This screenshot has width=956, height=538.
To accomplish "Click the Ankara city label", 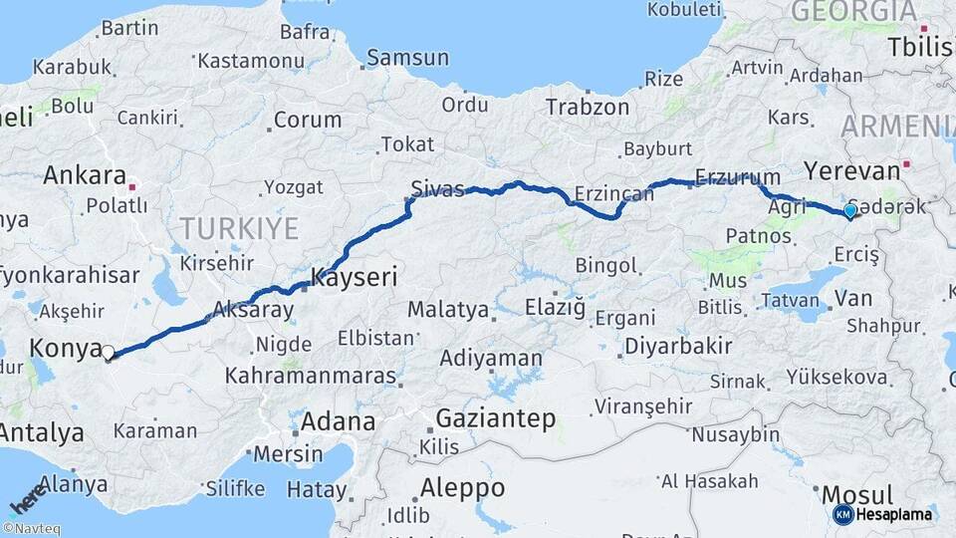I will click(83, 175).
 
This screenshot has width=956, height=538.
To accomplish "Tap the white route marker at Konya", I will click(108, 352).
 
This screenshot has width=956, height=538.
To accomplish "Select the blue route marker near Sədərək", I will click(849, 211).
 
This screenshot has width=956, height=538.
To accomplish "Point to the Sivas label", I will click(438, 189).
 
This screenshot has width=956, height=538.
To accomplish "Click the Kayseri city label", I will click(356, 277).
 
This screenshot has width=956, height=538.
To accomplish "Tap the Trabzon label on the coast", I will click(589, 107).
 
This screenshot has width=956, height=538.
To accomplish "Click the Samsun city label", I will click(407, 58).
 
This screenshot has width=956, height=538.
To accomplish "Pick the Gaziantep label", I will click(496, 418).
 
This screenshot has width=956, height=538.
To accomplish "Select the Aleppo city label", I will click(462, 488).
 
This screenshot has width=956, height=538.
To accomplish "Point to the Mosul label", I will click(857, 495).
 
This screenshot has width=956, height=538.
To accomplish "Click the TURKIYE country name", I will click(239, 228).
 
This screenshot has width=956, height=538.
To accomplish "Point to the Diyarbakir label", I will click(678, 347).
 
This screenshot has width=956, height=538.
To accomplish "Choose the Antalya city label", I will click(42, 433).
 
